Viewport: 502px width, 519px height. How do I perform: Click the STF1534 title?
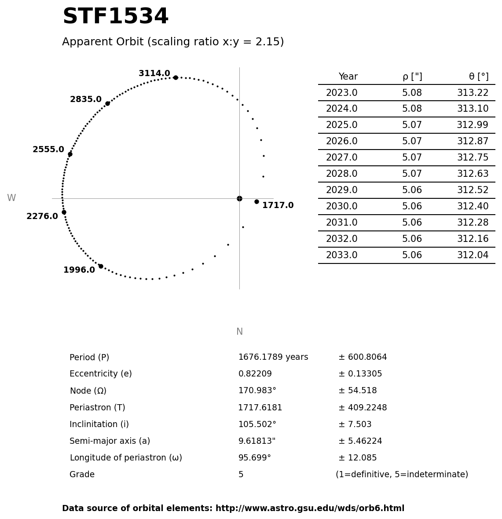[x=115, y=17]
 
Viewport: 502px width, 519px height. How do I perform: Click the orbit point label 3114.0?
[x=154, y=73]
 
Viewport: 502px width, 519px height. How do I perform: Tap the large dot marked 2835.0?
[x=107, y=103]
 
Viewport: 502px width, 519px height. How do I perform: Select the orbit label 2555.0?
[x=48, y=150]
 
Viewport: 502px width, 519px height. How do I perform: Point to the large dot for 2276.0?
[x=64, y=212]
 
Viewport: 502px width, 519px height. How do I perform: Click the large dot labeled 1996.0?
[x=101, y=266]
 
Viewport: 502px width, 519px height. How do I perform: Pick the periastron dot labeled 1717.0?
[x=256, y=201]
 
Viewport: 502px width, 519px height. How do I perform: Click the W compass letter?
[x=11, y=198]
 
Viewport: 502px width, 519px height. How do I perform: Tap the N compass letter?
[x=239, y=332]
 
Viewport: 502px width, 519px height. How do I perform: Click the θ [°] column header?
[x=478, y=77]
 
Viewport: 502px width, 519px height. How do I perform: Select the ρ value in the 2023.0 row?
[x=412, y=93]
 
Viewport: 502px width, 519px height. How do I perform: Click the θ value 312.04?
[x=473, y=256]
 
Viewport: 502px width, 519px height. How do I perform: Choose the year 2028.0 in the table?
[x=341, y=174]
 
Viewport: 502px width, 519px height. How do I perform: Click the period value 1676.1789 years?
[x=273, y=358]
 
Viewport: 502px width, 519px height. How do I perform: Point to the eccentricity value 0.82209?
[x=255, y=374]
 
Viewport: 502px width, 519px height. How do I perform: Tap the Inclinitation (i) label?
[x=99, y=424]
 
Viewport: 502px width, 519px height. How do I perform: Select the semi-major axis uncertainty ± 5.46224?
[x=360, y=441]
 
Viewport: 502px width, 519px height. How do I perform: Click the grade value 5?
[x=241, y=475]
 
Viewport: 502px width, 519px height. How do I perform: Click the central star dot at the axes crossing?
[x=239, y=198]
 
